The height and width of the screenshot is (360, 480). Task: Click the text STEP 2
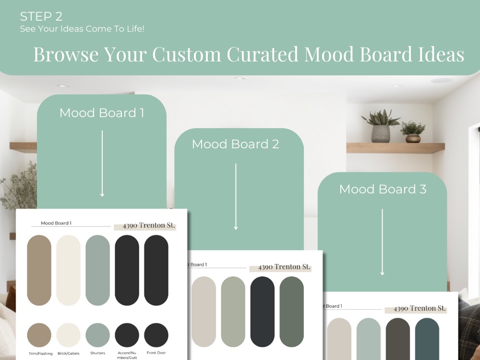pos(41,17)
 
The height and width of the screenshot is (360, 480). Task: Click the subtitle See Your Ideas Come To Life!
pos(82,29)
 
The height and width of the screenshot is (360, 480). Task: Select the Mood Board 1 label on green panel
pos(102,113)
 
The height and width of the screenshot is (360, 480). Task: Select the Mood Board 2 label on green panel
pos(235,144)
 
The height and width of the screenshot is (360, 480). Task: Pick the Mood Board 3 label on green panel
pos(383,189)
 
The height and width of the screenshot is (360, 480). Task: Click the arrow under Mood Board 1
pos(102,163)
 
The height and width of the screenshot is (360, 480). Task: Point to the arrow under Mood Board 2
pos(236,196)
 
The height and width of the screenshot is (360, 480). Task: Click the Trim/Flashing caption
pos(39,353)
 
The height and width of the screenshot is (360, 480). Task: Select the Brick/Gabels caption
pos(69,353)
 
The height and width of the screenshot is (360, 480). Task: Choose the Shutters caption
pos(97,353)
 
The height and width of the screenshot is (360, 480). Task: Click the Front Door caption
pos(156,353)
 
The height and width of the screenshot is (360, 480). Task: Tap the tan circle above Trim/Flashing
pos(39,335)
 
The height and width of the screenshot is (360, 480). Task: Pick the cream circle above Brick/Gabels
pos(69,335)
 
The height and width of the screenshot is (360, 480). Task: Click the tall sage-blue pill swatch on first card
pos(98,270)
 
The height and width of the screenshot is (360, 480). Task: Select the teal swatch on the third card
pos(427,338)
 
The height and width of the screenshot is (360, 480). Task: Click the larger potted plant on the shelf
pos(381,128)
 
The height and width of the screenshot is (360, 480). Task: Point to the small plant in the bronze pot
pos(413,132)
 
